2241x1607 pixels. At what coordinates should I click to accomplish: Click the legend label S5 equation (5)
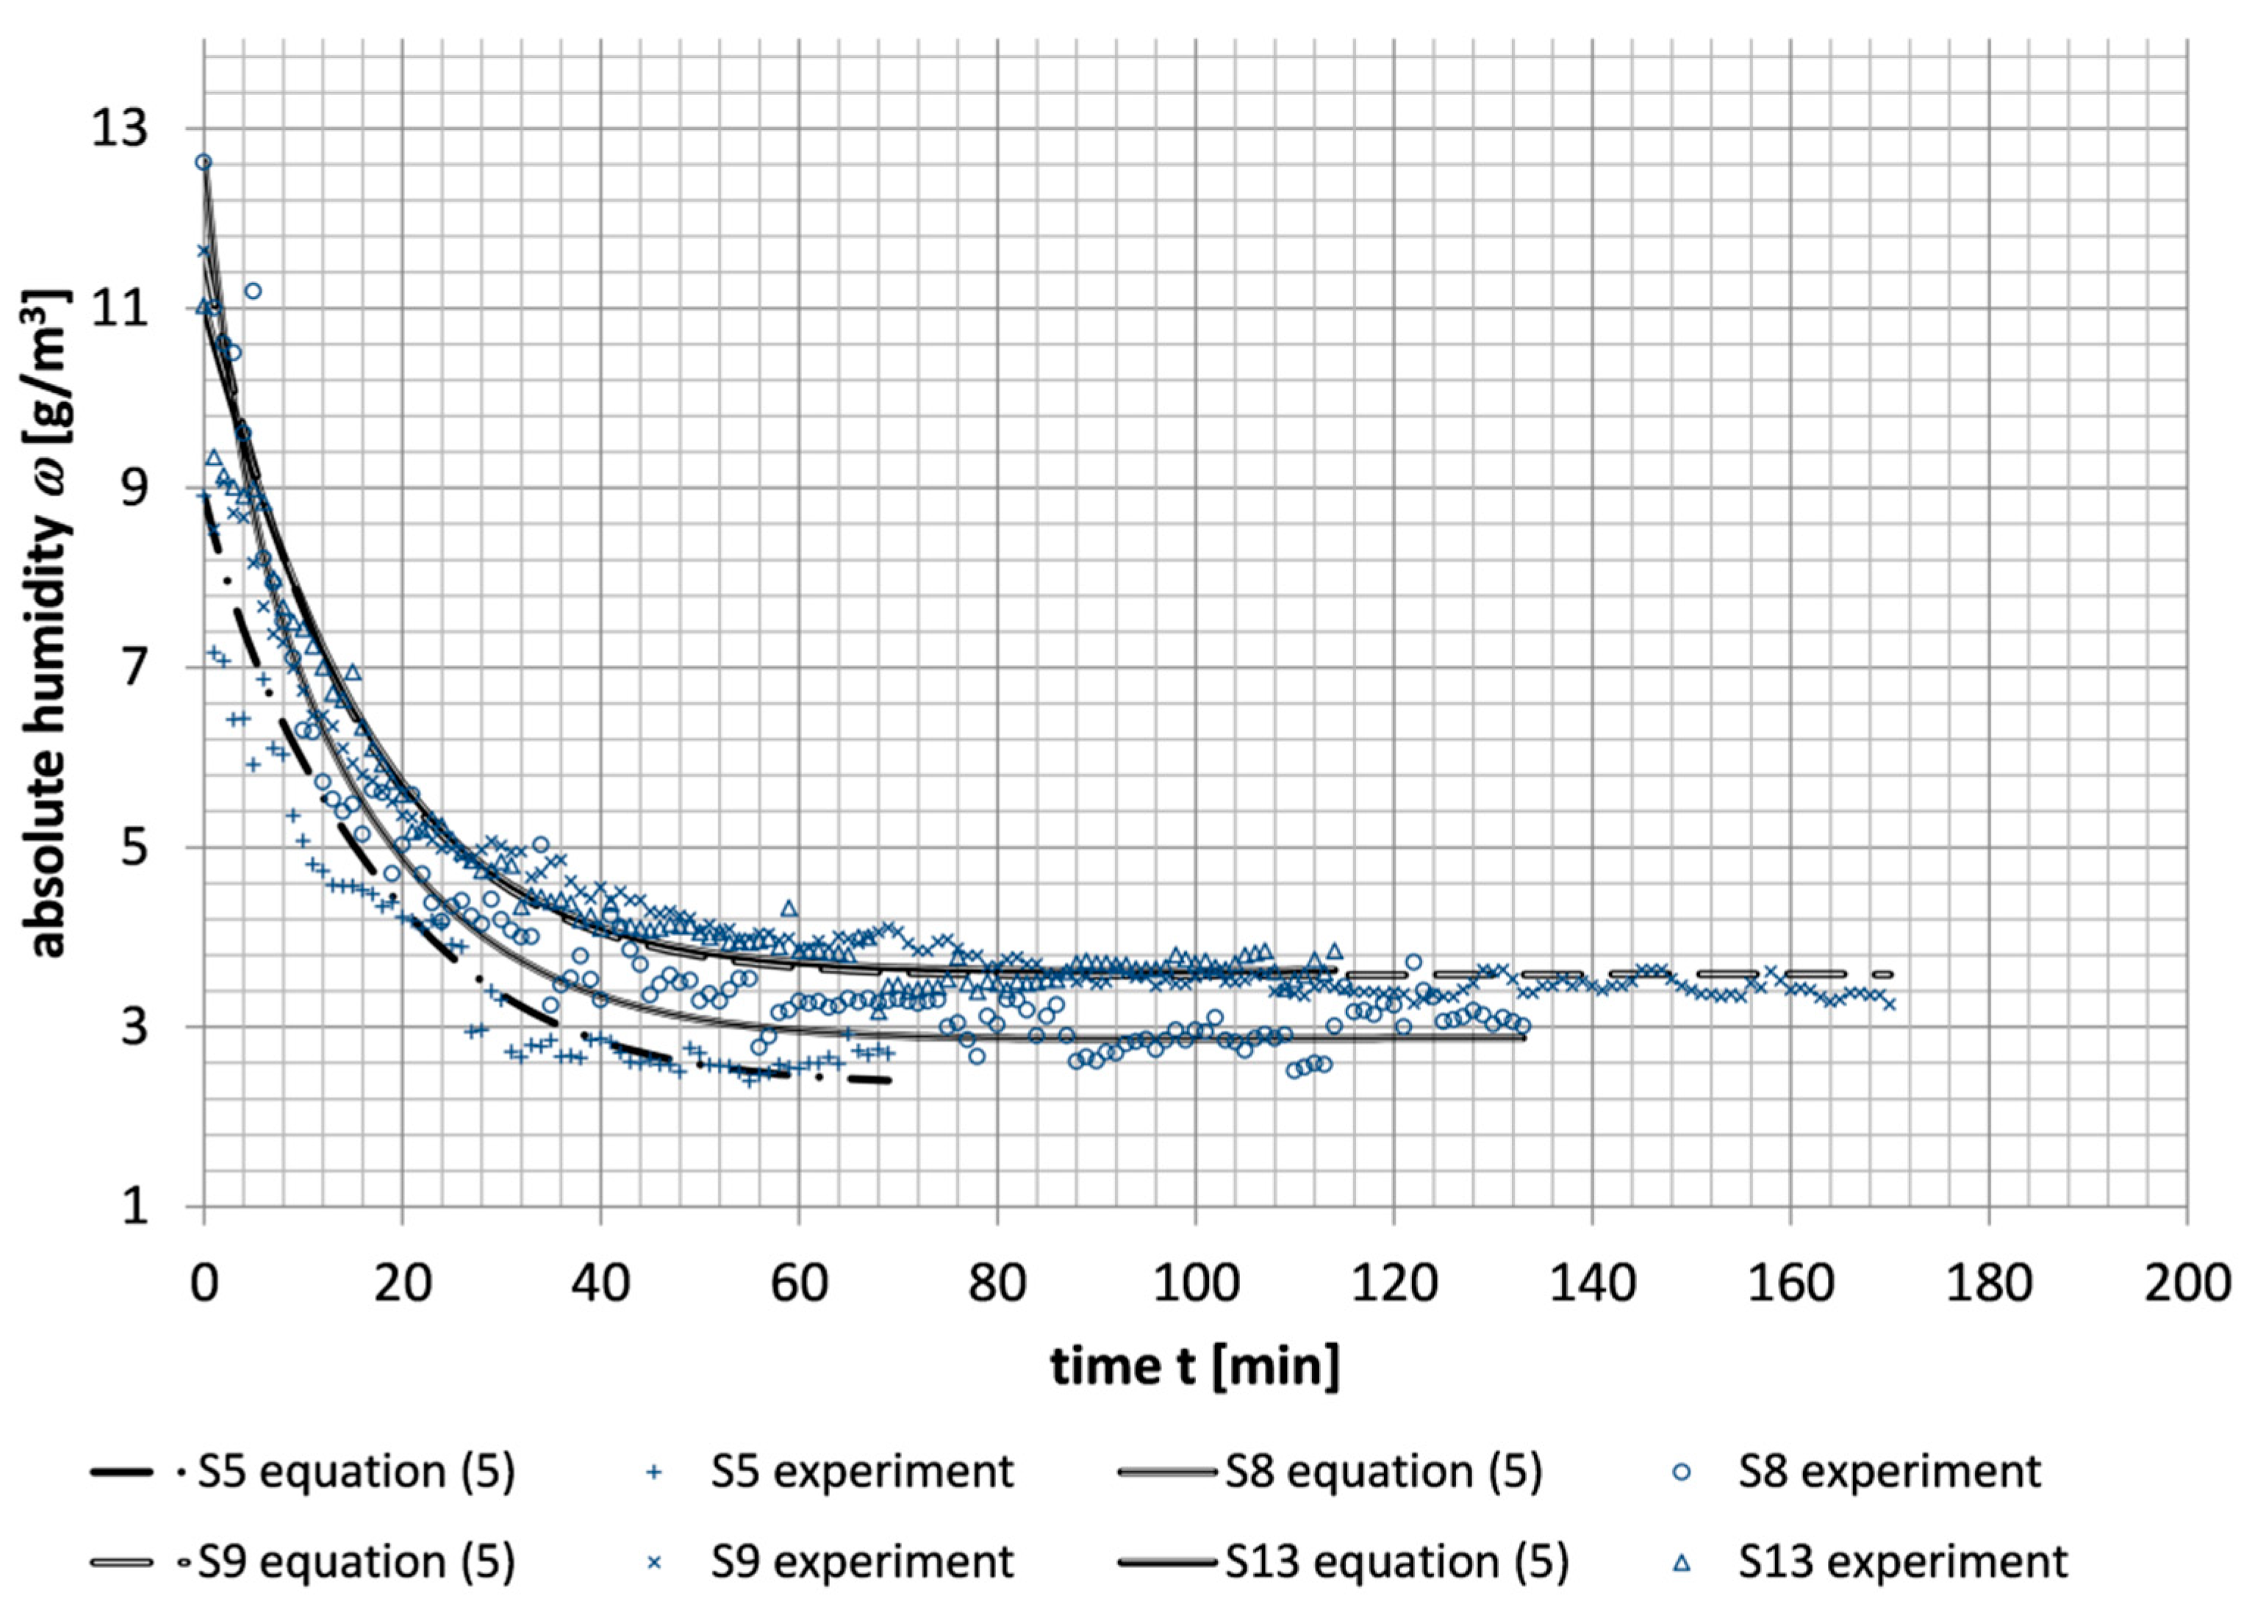pos(356,1472)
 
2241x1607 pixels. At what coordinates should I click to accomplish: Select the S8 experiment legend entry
pos(1888,1472)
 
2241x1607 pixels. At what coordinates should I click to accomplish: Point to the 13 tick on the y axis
pos(118,129)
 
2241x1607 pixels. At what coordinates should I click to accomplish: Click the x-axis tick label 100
pos(1194,1284)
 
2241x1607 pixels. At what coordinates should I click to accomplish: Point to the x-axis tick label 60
pos(798,1284)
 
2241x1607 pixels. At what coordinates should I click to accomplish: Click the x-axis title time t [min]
pos(1194,1367)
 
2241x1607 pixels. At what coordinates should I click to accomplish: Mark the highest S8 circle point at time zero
pos(204,162)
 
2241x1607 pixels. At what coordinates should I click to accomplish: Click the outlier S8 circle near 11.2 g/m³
pos(253,290)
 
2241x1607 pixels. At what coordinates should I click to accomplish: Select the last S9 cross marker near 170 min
pos(1889,1004)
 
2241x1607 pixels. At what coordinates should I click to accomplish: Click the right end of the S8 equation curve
pos(1523,1037)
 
